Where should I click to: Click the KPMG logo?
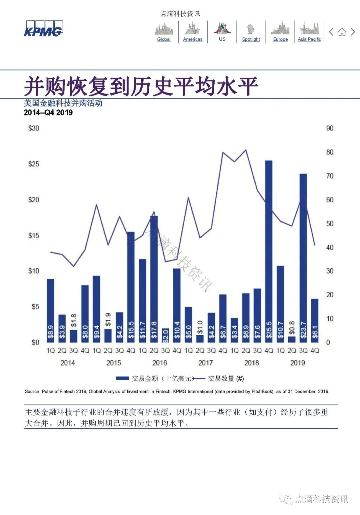click(43, 29)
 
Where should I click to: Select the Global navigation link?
click(164, 39)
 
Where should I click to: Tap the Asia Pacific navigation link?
click(309, 39)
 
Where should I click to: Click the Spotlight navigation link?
click(251, 39)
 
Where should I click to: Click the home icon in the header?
click(342, 32)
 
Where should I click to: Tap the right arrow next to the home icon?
click(353, 32)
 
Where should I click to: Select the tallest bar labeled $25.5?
click(269, 250)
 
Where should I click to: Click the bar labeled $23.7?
click(303, 257)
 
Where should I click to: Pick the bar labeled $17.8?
click(154, 279)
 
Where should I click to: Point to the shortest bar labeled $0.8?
click(292, 339)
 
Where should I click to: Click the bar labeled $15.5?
click(131, 287)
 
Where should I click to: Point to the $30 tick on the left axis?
click(33, 128)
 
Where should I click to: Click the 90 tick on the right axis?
click(330, 128)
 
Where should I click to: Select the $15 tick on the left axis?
click(33, 235)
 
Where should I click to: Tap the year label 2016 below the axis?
click(159, 363)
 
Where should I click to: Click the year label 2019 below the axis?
click(297, 363)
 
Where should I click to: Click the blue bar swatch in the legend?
click(122, 378)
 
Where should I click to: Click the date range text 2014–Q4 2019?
click(48, 112)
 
